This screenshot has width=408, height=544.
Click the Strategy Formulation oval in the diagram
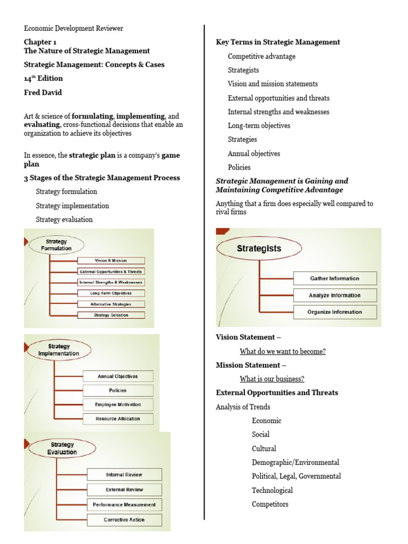56,245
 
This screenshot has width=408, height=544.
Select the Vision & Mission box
110,260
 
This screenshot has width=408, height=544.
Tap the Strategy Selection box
110,315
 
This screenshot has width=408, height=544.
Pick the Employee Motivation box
117,404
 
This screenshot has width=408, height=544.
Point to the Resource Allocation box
117,419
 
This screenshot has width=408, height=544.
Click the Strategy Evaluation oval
62,448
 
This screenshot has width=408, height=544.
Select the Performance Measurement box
124,505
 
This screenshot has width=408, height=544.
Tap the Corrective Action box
124,520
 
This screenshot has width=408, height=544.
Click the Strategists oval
259,248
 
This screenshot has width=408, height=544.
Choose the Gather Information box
334,278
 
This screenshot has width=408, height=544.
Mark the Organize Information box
334,312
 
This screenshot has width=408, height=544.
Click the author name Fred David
43,92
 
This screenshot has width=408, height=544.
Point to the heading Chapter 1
40,41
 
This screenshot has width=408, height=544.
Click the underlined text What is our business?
271,379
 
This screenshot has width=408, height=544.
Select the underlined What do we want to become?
283,351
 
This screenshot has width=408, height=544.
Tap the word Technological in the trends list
272,490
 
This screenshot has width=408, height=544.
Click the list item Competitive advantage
261,56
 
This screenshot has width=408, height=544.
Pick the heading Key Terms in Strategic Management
278,42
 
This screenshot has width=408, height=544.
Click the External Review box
124,490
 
